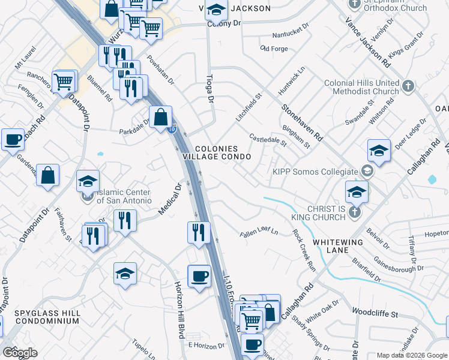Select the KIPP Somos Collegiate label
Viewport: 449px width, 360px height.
(x=315, y=172)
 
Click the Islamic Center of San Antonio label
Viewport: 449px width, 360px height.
(x=124, y=196)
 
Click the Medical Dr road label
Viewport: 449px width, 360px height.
(x=169, y=200)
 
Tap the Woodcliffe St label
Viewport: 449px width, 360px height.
(x=375, y=313)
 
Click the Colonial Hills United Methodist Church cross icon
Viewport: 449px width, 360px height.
(x=408, y=86)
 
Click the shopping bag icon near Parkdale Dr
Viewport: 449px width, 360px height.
(x=161, y=117)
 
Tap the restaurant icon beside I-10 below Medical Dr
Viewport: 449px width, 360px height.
(x=199, y=232)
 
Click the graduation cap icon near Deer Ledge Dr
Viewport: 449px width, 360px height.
(x=379, y=151)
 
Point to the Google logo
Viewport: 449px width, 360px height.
(x=20, y=353)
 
